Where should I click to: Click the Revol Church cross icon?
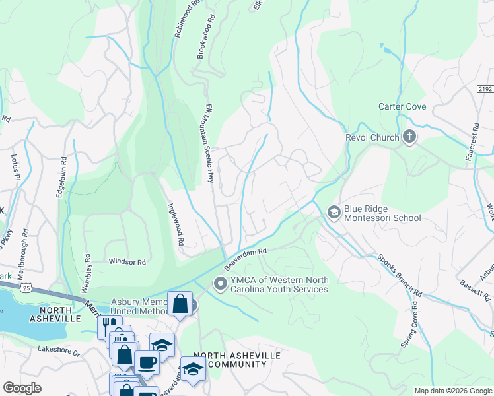tap(409, 137)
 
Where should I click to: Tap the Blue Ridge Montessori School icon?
tap(334, 212)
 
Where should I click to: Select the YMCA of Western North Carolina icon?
tap(220, 284)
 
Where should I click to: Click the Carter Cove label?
tap(402, 106)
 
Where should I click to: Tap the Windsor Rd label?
tap(127, 262)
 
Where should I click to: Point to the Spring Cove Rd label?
tap(410, 325)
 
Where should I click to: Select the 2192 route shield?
tap(485, 88)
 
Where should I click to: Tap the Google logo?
tap(22, 388)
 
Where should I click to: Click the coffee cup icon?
tap(147, 362)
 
